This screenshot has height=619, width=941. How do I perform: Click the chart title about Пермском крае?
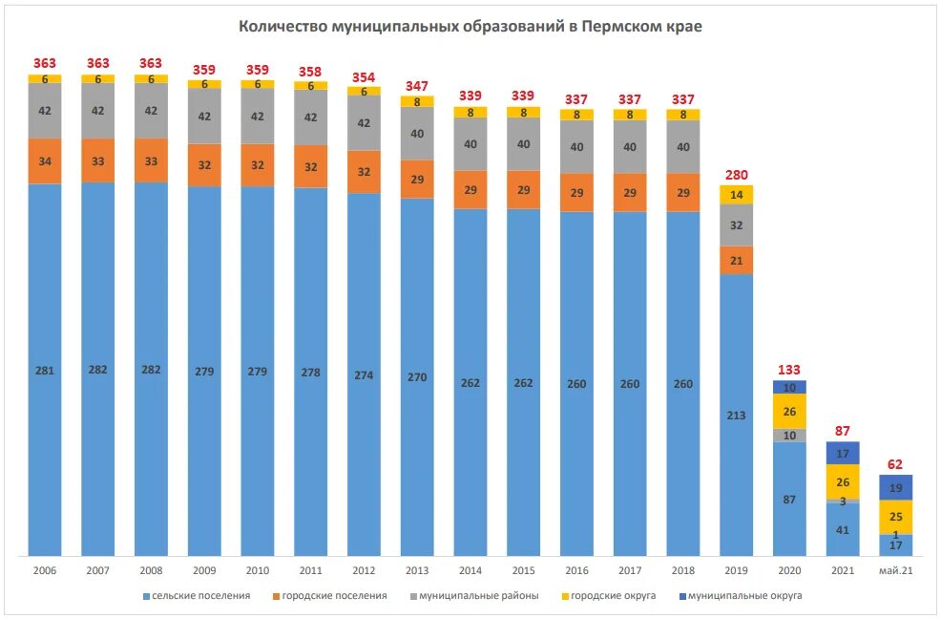470,27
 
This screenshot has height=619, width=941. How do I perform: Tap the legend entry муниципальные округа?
744,596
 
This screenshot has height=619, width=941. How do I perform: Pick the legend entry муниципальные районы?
478,596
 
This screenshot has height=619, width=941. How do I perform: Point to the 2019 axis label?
736,570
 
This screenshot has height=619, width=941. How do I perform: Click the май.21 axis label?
896,570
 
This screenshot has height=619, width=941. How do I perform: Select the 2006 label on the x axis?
45,570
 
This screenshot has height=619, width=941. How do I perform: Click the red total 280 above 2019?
736,175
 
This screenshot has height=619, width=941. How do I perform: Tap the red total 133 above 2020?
789,370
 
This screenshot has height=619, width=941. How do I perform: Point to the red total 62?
896,464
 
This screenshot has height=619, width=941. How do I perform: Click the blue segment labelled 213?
736,415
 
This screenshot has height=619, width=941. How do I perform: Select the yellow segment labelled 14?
736,195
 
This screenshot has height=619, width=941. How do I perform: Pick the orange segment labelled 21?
736,260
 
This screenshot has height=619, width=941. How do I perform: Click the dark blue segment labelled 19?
896,487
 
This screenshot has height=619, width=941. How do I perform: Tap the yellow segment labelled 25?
896,517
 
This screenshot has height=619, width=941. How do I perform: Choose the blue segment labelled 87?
789,499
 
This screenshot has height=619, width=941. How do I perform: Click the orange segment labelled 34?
45,161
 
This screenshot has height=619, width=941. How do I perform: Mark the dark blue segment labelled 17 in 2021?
843,453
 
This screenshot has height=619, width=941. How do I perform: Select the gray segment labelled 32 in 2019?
736,225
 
